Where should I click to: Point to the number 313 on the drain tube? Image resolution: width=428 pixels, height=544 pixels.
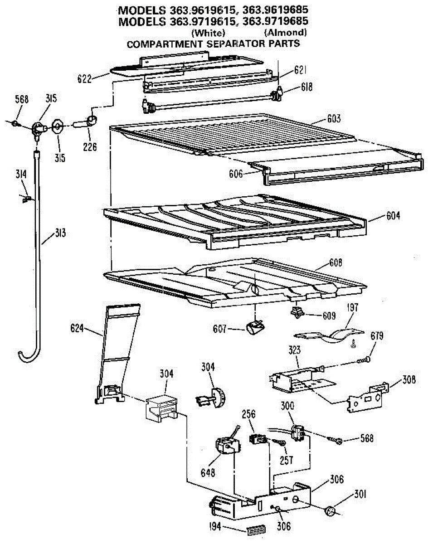point(60,234)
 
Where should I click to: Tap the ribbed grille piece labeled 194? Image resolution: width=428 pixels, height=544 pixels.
point(254,530)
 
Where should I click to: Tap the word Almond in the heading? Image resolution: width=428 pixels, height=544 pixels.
point(285,33)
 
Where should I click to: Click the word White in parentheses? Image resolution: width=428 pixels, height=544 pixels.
point(208,33)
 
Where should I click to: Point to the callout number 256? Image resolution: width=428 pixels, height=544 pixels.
point(248,414)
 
